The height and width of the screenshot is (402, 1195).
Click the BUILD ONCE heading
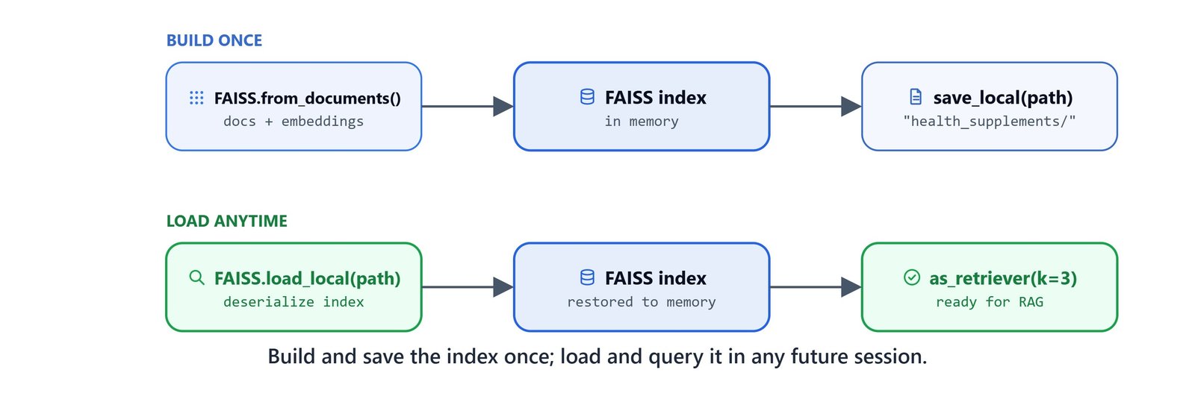[x=214, y=40]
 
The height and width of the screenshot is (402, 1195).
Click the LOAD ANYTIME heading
[x=227, y=221]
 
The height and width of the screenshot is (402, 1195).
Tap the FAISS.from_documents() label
[x=307, y=98]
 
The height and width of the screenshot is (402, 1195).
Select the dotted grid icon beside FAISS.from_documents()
[x=196, y=98]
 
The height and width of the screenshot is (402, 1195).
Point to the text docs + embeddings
[x=294, y=122]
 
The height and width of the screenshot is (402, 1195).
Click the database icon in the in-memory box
[x=587, y=97]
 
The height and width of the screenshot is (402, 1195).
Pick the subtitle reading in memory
[x=642, y=122]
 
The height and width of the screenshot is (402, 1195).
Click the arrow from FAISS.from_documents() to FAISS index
[x=468, y=107]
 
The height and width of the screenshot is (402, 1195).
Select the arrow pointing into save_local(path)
[x=815, y=107]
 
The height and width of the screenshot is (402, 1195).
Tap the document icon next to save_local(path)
[x=916, y=97]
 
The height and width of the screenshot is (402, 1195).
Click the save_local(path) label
[x=1003, y=98]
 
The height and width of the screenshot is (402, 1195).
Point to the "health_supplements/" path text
[x=989, y=122]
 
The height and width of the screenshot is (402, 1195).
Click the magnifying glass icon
[x=197, y=277]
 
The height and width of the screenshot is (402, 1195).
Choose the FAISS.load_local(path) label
[x=307, y=278]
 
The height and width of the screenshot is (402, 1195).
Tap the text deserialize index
[x=294, y=302]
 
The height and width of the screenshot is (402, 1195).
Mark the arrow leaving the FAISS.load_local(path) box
[x=468, y=287]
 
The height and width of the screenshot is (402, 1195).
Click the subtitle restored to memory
[x=642, y=302]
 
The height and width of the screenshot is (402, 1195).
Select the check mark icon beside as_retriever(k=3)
[x=912, y=277]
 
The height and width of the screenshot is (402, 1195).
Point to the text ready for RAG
[x=989, y=302]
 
